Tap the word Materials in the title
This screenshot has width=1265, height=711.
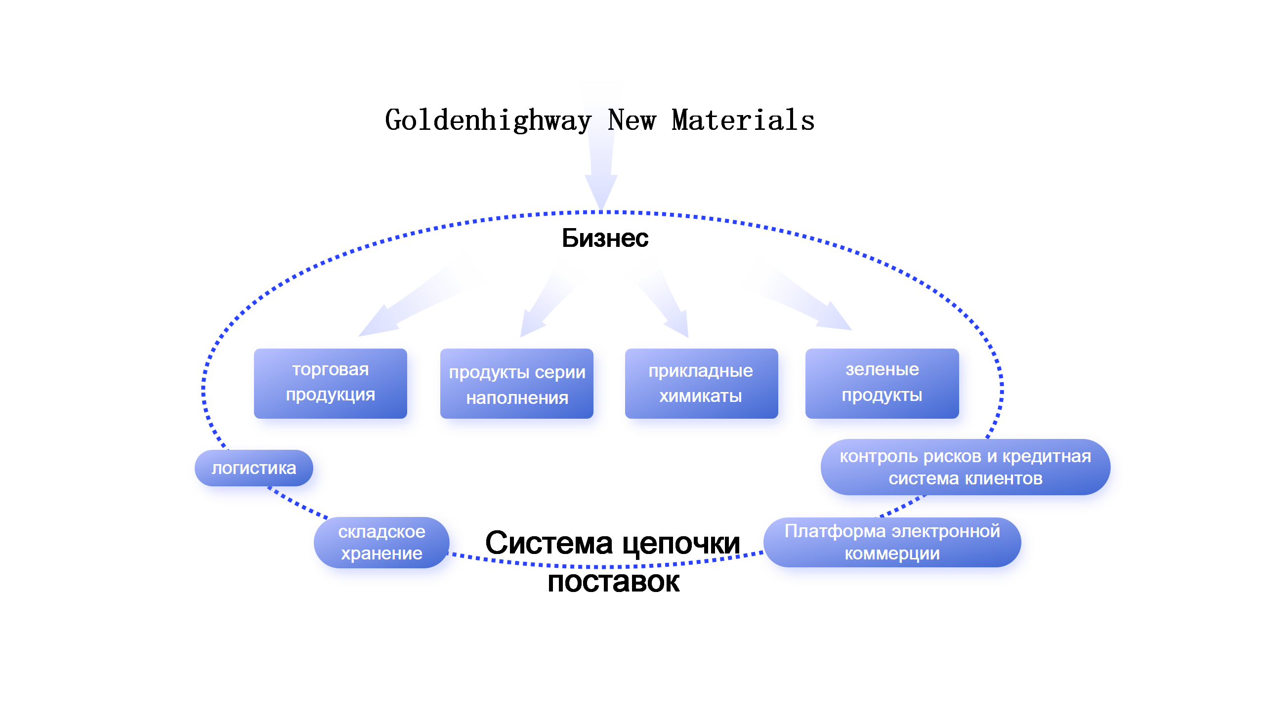[743, 120]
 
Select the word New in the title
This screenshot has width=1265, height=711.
[632, 120]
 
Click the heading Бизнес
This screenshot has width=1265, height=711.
[605, 238]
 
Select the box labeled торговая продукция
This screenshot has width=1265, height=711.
[331, 383]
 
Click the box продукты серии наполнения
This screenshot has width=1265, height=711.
[517, 383]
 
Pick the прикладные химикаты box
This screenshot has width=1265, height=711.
[701, 383]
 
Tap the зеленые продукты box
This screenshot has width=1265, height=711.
[882, 383]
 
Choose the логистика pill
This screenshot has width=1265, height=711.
[254, 468]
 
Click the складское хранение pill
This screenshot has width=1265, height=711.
[381, 543]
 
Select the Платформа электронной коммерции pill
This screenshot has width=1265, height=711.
[892, 542]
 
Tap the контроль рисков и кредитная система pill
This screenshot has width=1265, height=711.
[966, 467]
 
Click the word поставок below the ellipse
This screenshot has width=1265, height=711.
[614, 582]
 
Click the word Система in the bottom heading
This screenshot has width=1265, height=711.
[550, 543]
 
